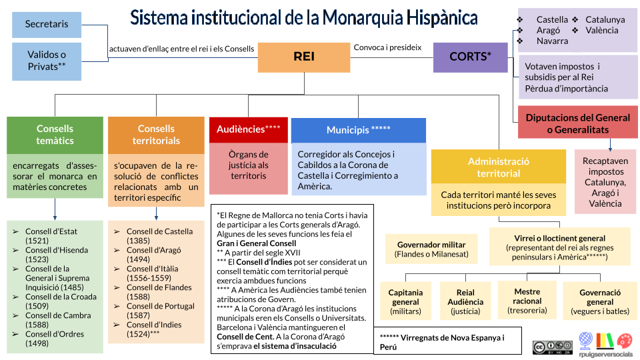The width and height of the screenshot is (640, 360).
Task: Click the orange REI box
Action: [304, 57]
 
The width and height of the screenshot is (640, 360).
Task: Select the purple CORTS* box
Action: [470, 57]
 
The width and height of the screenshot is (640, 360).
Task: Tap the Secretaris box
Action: [47, 24]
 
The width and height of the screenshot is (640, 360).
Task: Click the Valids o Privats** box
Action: [47, 61]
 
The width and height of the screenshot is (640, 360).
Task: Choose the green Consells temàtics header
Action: [55, 135]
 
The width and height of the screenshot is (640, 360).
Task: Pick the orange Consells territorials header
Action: [156, 135]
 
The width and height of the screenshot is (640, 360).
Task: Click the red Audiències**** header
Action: [249, 129]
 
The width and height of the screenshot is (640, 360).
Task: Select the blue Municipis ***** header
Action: [358, 130]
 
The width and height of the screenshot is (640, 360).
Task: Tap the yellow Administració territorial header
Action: [498, 167]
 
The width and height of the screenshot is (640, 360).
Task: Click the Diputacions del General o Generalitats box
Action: [577, 123]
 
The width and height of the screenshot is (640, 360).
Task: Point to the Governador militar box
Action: [431, 249]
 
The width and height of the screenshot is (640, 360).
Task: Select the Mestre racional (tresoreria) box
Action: [527, 301]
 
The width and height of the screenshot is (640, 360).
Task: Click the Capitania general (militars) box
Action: [405, 301]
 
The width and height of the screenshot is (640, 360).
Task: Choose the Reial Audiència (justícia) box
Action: [465, 301]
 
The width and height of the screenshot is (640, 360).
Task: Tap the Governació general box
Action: [600, 301]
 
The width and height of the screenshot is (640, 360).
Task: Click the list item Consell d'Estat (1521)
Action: [51, 236]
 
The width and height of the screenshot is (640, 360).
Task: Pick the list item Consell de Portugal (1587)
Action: [161, 311]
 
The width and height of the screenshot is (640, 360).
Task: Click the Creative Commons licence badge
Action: [552, 347]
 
